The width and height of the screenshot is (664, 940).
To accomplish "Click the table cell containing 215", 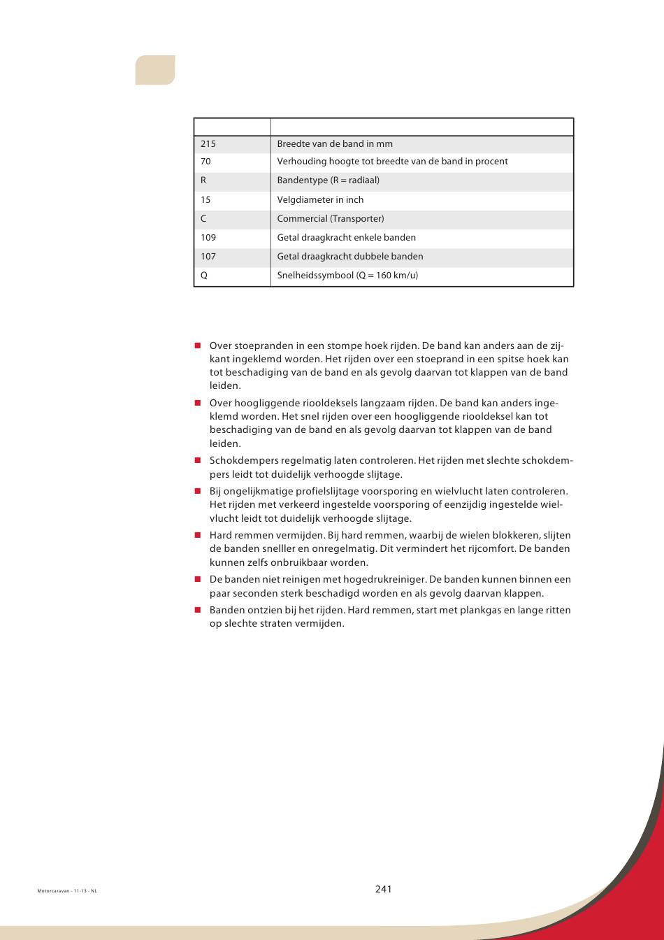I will click(x=208, y=144).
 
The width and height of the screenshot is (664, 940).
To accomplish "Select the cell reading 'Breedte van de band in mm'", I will click(x=335, y=144).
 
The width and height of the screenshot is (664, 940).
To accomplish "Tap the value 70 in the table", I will click(x=205, y=162).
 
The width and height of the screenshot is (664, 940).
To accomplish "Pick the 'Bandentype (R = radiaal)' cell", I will click(x=329, y=180).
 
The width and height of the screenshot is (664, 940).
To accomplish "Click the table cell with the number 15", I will click(x=205, y=200).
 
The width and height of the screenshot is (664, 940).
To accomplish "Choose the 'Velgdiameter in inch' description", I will click(x=320, y=200).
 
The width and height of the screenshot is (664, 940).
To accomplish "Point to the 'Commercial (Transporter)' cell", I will click(x=331, y=219).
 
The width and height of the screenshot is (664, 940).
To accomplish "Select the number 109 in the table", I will click(x=208, y=238).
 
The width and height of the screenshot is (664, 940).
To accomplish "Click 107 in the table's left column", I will click(x=208, y=257).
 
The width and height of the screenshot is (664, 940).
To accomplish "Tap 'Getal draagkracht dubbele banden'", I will click(x=350, y=257).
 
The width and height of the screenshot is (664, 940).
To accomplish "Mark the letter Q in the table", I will click(x=204, y=276).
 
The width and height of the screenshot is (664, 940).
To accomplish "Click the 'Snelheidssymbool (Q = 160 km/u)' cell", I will click(x=347, y=276).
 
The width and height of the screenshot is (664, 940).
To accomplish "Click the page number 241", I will click(x=383, y=889).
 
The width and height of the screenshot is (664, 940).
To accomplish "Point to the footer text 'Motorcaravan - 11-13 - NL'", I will click(x=67, y=891).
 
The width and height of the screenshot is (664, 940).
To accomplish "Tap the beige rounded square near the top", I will click(x=155, y=70).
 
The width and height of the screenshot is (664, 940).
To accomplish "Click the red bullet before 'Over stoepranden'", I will click(x=198, y=346).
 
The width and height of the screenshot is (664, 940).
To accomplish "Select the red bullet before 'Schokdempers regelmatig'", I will click(x=198, y=461).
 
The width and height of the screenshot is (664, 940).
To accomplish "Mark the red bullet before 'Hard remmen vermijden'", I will click(x=198, y=535).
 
